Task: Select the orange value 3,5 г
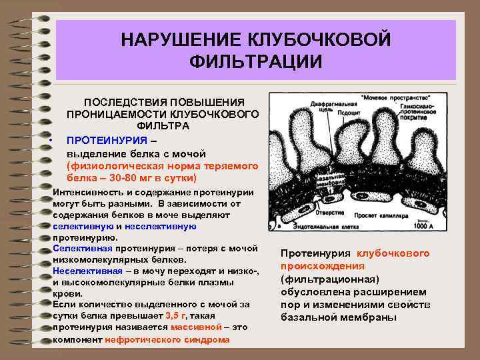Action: [176, 316]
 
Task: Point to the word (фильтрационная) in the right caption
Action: [329, 279]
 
